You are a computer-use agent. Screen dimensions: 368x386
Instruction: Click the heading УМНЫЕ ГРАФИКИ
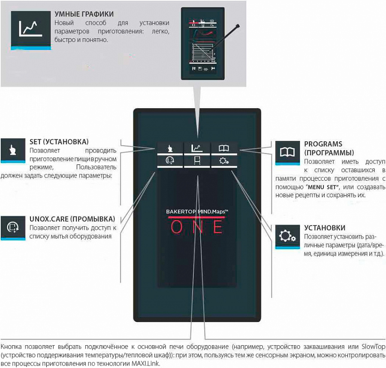(x=84, y=14)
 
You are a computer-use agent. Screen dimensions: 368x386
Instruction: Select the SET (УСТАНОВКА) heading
(x=59, y=141)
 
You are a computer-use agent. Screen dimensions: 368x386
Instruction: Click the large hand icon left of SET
(x=13, y=150)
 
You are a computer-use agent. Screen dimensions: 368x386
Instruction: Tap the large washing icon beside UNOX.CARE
(x=13, y=226)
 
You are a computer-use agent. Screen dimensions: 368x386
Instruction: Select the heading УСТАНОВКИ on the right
(x=325, y=228)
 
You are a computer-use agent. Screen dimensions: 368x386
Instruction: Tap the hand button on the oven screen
(x=170, y=149)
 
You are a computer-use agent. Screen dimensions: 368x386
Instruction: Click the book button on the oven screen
(x=224, y=149)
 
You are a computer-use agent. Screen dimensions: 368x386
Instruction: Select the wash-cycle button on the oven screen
(x=170, y=161)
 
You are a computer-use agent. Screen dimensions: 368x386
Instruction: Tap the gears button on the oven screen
(x=224, y=161)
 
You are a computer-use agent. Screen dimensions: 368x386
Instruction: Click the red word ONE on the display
(x=197, y=226)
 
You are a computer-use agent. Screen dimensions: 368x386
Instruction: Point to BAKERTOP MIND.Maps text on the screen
(x=197, y=212)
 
